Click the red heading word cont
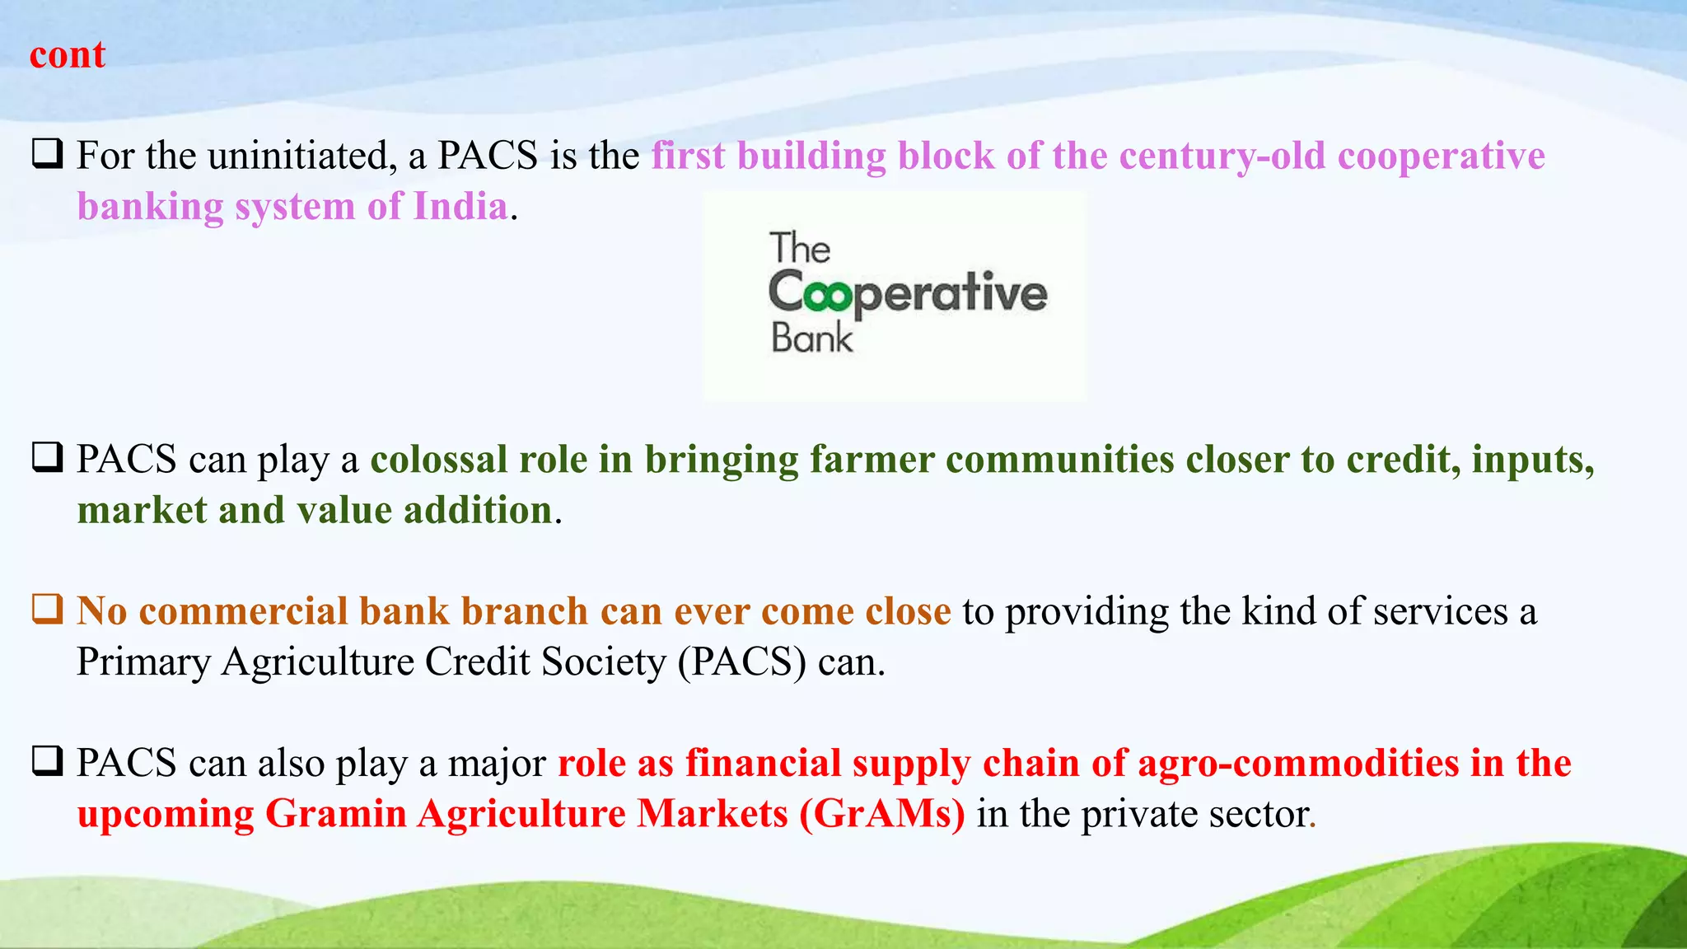click(68, 56)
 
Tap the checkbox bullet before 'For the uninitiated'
click(48, 154)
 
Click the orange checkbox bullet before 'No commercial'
click(48, 610)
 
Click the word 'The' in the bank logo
click(800, 249)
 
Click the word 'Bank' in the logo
click(811, 339)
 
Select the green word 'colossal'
click(439, 460)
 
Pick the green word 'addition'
click(478, 511)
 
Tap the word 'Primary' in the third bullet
click(143, 662)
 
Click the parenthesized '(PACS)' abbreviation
click(741, 662)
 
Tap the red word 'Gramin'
click(336, 815)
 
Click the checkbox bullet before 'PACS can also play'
click(48, 761)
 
